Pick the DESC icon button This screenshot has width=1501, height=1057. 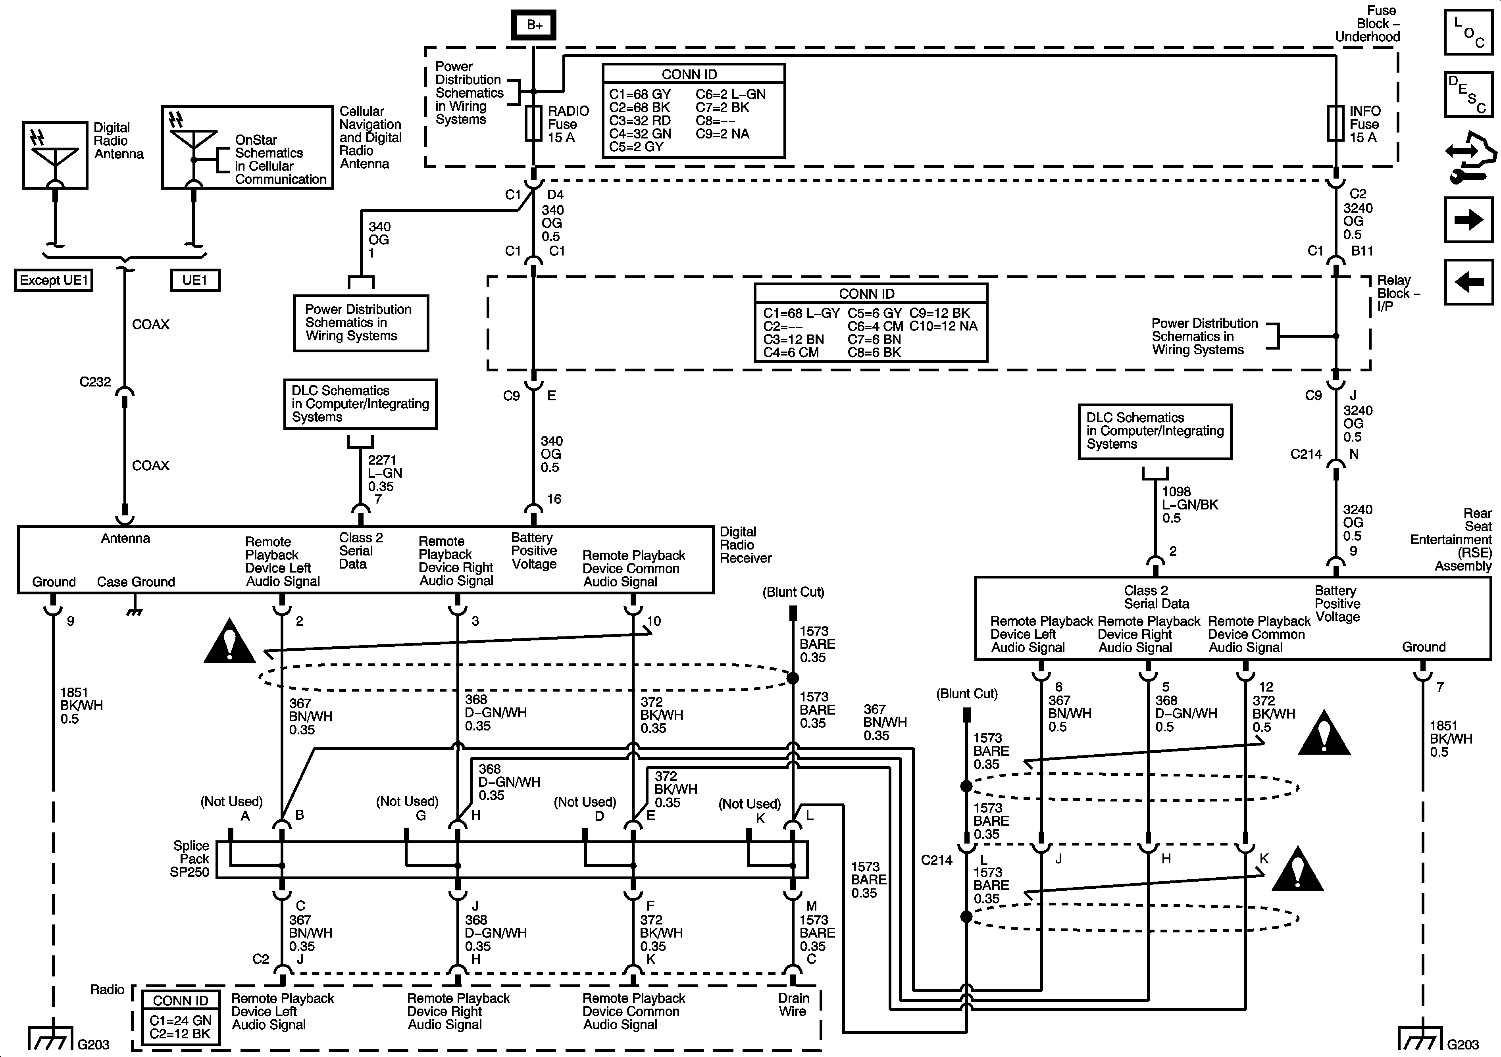1468,94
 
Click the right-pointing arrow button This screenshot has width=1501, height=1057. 1468,220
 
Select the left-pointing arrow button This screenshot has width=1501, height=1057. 1468,282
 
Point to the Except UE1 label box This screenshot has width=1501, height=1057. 54,281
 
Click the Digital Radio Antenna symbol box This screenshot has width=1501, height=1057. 56,155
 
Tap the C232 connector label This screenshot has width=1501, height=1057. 95,382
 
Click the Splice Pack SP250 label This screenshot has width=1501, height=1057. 190,859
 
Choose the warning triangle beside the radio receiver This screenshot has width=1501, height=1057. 229,642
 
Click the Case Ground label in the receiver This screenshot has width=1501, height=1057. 136,582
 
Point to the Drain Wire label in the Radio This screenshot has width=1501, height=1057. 793,1005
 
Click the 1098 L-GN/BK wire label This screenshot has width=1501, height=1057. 1190,505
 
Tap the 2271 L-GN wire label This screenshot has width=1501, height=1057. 385,473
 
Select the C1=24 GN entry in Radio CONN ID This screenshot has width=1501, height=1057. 181,1020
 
